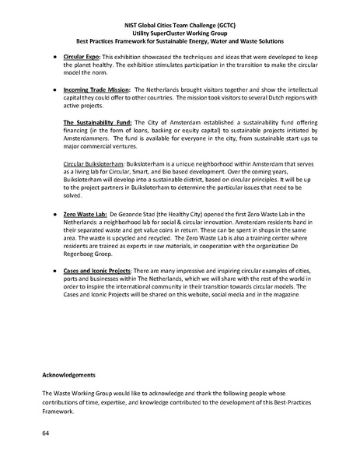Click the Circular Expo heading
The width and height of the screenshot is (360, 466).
point(81,58)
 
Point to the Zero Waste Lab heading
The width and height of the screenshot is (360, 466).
point(85,212)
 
